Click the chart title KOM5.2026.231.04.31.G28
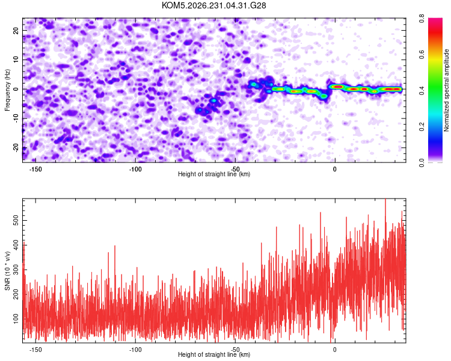click(x=213, y=5)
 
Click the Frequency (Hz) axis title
click(x=7, y=90)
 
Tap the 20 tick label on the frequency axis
click(x=16, y=30)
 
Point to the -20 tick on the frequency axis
click(x=16, y=147)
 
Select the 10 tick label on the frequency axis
click(x=16, y=60)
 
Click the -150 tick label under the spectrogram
click(x=35, y=169)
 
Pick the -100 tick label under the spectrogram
click(x=135, y=169)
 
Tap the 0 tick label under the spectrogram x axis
click(x=334, y=169)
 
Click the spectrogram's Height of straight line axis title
click(x=214, y=174)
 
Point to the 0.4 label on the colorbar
click(x=422, y=90)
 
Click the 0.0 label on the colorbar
click(x=422, y=162)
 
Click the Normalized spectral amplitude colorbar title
click(x=446, y=90)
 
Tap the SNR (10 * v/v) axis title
click(x=7, y=271)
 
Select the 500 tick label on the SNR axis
click(x=16, y=221)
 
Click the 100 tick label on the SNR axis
click(x=16, y=318)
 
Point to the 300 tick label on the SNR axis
click(x=16, y=270)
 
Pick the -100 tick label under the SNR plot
click(x=135, y=350)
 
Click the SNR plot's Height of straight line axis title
click(x=214, y=354)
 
